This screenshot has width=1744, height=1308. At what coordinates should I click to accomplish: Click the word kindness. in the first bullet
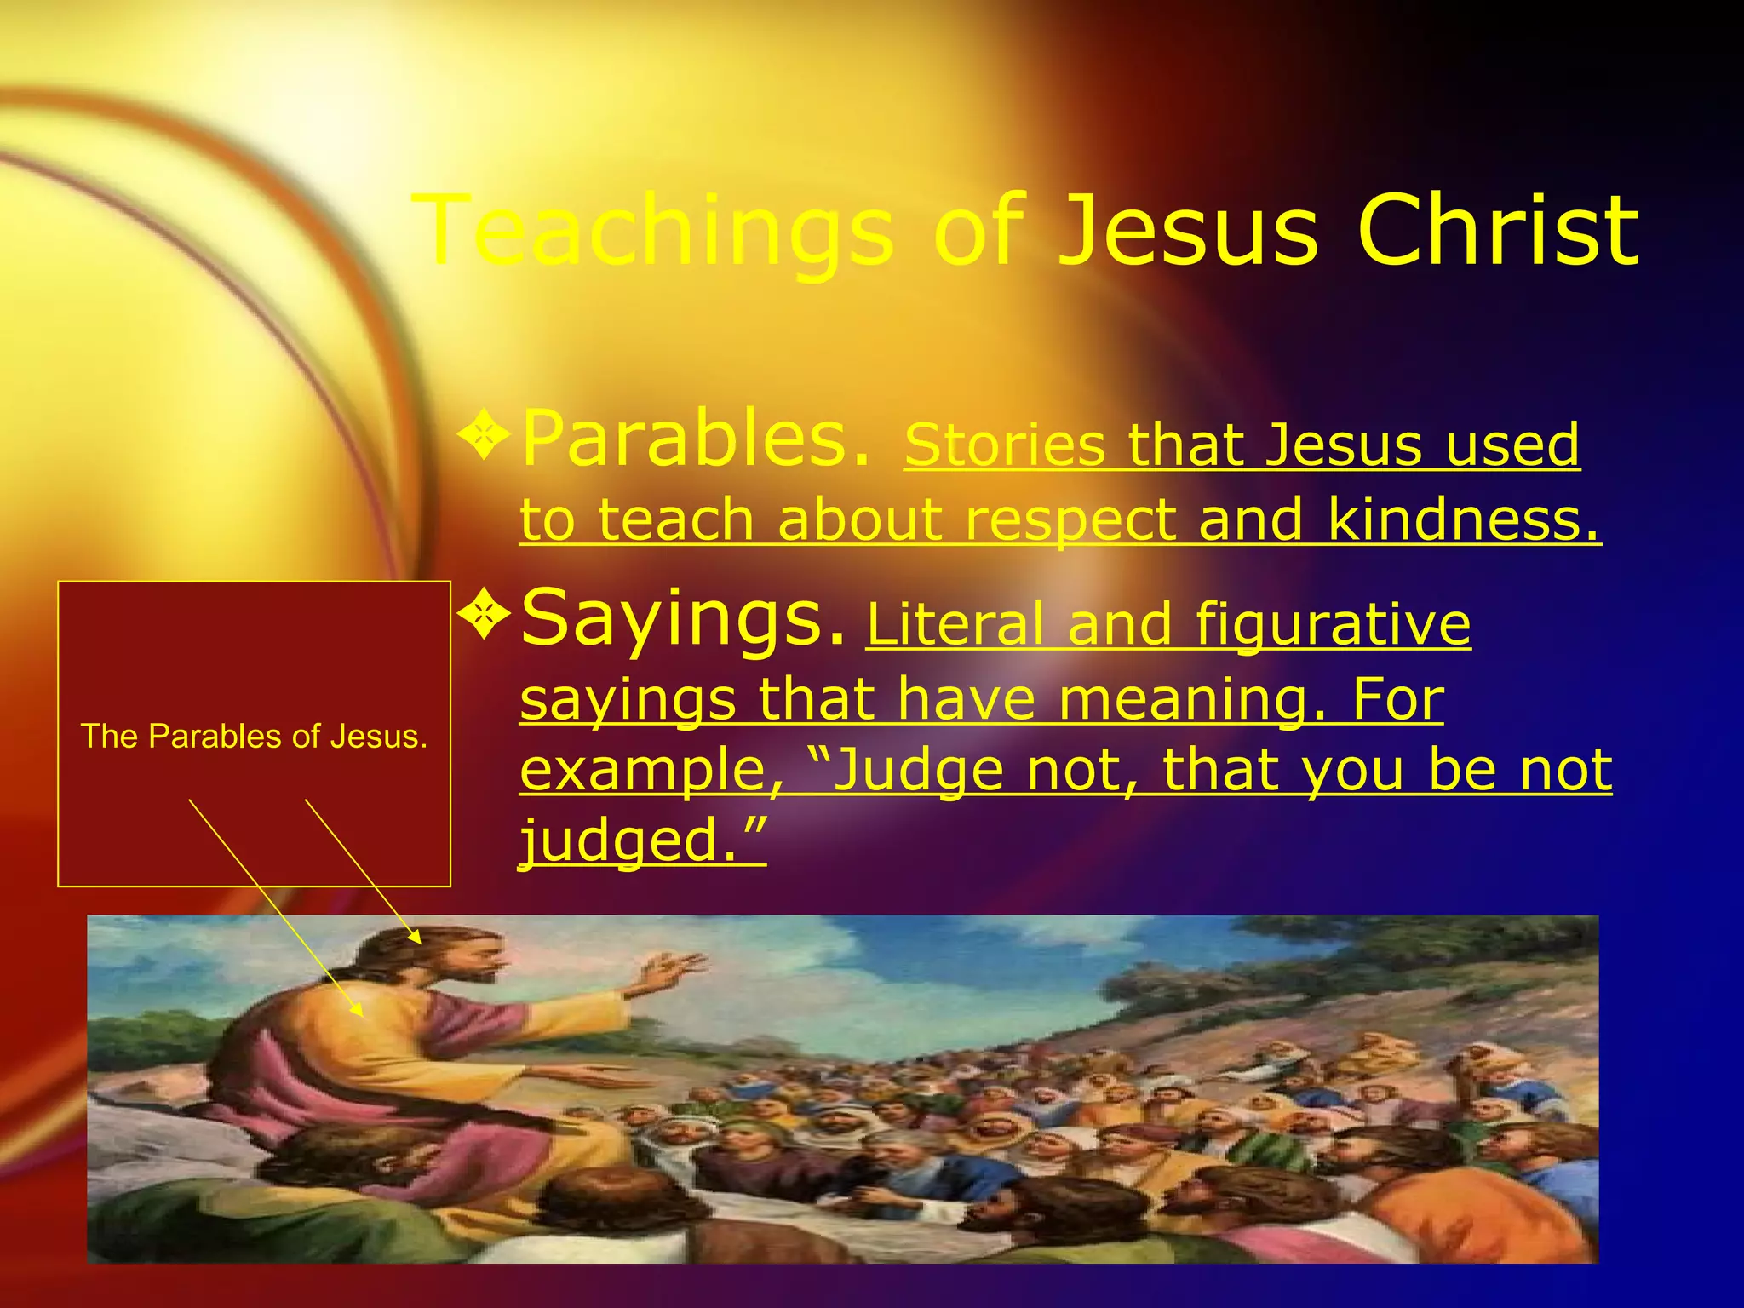coord(1463,519)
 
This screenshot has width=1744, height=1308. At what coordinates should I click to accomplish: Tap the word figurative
coord(1333,624)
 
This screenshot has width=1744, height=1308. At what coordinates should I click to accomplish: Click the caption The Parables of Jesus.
coord(254,737)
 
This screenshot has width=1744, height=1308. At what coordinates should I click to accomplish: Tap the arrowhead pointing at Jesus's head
coord(416,938)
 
